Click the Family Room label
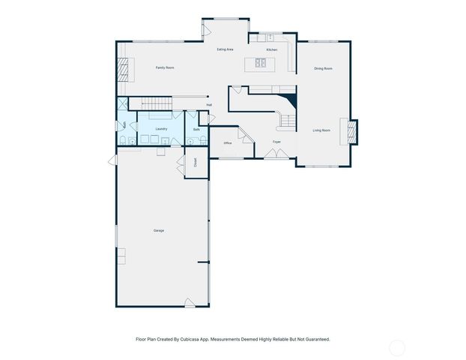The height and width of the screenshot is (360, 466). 165,68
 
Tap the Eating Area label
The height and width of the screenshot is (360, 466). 225,49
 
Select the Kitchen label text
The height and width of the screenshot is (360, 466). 271,49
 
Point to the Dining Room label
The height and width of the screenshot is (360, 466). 323,68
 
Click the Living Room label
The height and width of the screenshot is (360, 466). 321,130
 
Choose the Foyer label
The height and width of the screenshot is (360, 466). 276,141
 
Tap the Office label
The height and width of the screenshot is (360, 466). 227,142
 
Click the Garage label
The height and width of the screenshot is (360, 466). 159,230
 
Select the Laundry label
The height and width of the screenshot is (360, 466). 161,129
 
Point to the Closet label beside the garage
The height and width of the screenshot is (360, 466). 195,163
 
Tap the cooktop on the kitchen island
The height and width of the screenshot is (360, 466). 261,63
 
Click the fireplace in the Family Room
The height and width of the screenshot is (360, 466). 123,71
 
